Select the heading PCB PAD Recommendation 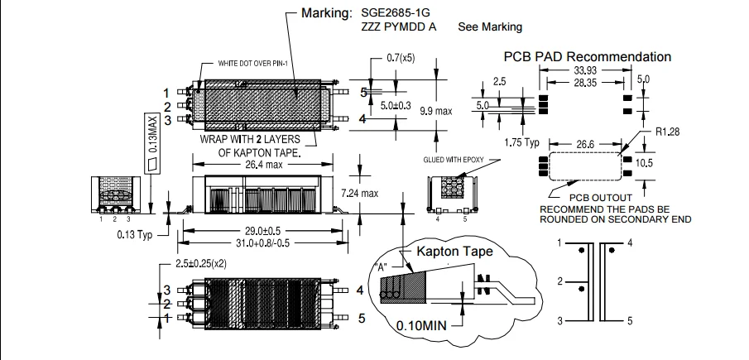coord(588,56)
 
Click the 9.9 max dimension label coord(436,110)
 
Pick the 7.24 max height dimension coord(382,194)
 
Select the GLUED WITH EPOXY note coord(452,159)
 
